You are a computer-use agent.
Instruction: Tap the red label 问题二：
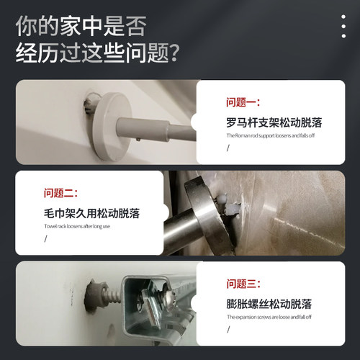pyautogui.click(x=60, y=193)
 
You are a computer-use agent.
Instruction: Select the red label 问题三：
pyautogui.click(x=243, y=284)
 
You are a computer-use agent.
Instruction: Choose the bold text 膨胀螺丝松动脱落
pyautogui.click(x=268, y=303)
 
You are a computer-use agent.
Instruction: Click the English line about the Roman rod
pyautogui.click(x=269, y=135)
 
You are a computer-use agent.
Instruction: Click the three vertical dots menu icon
pyautogui.click(x=343, y=26)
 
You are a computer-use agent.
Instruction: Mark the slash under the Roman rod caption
pyautogui.click(x=228, y=148)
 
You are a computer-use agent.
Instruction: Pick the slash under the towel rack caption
pyautogui.click(x=45, y=238)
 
